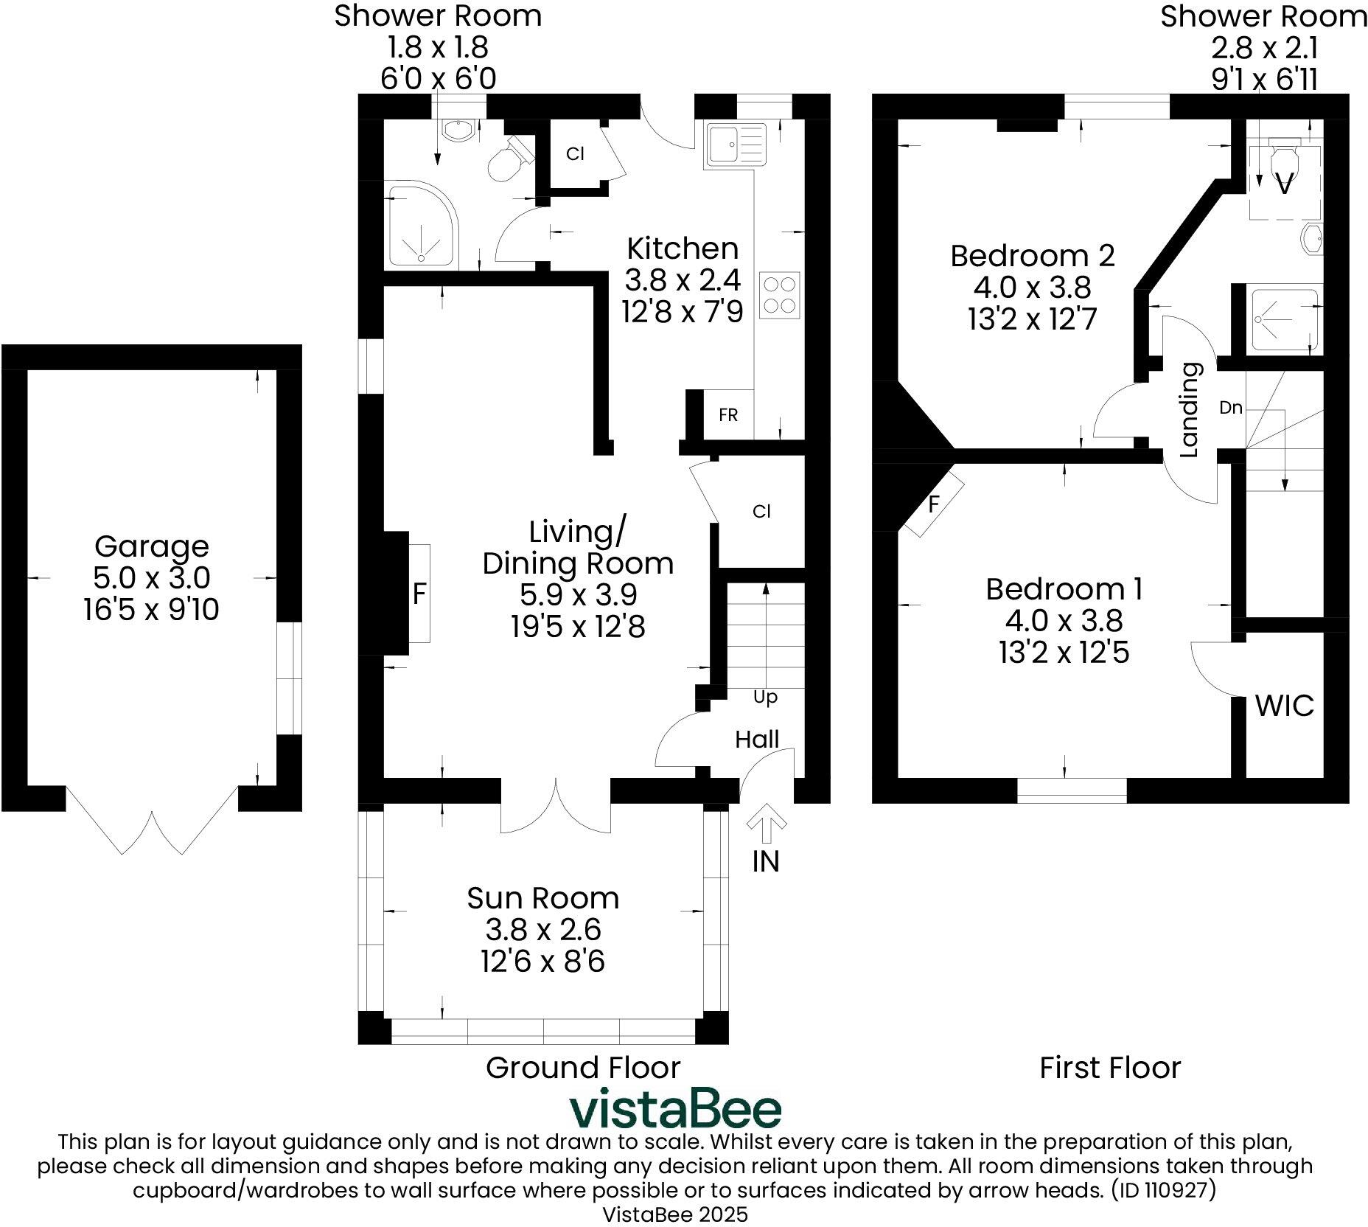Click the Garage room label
[x=151, y=546]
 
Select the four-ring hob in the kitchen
[x=780, y=295]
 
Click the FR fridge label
[x=727, y=415]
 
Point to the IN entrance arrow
[x=767, y=824]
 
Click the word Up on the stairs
[x=765, y=697]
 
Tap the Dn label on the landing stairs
[x=1230, y=408]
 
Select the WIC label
[x=1284, y=706]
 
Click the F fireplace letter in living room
[x=419, y=594]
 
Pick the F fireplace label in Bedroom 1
[x=934, y=505]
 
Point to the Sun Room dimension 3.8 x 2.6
[x=542, y=930]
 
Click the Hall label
[x=756, y=740]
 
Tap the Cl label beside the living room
[x=761, y=511]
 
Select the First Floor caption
[x=1109, y=1068]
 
